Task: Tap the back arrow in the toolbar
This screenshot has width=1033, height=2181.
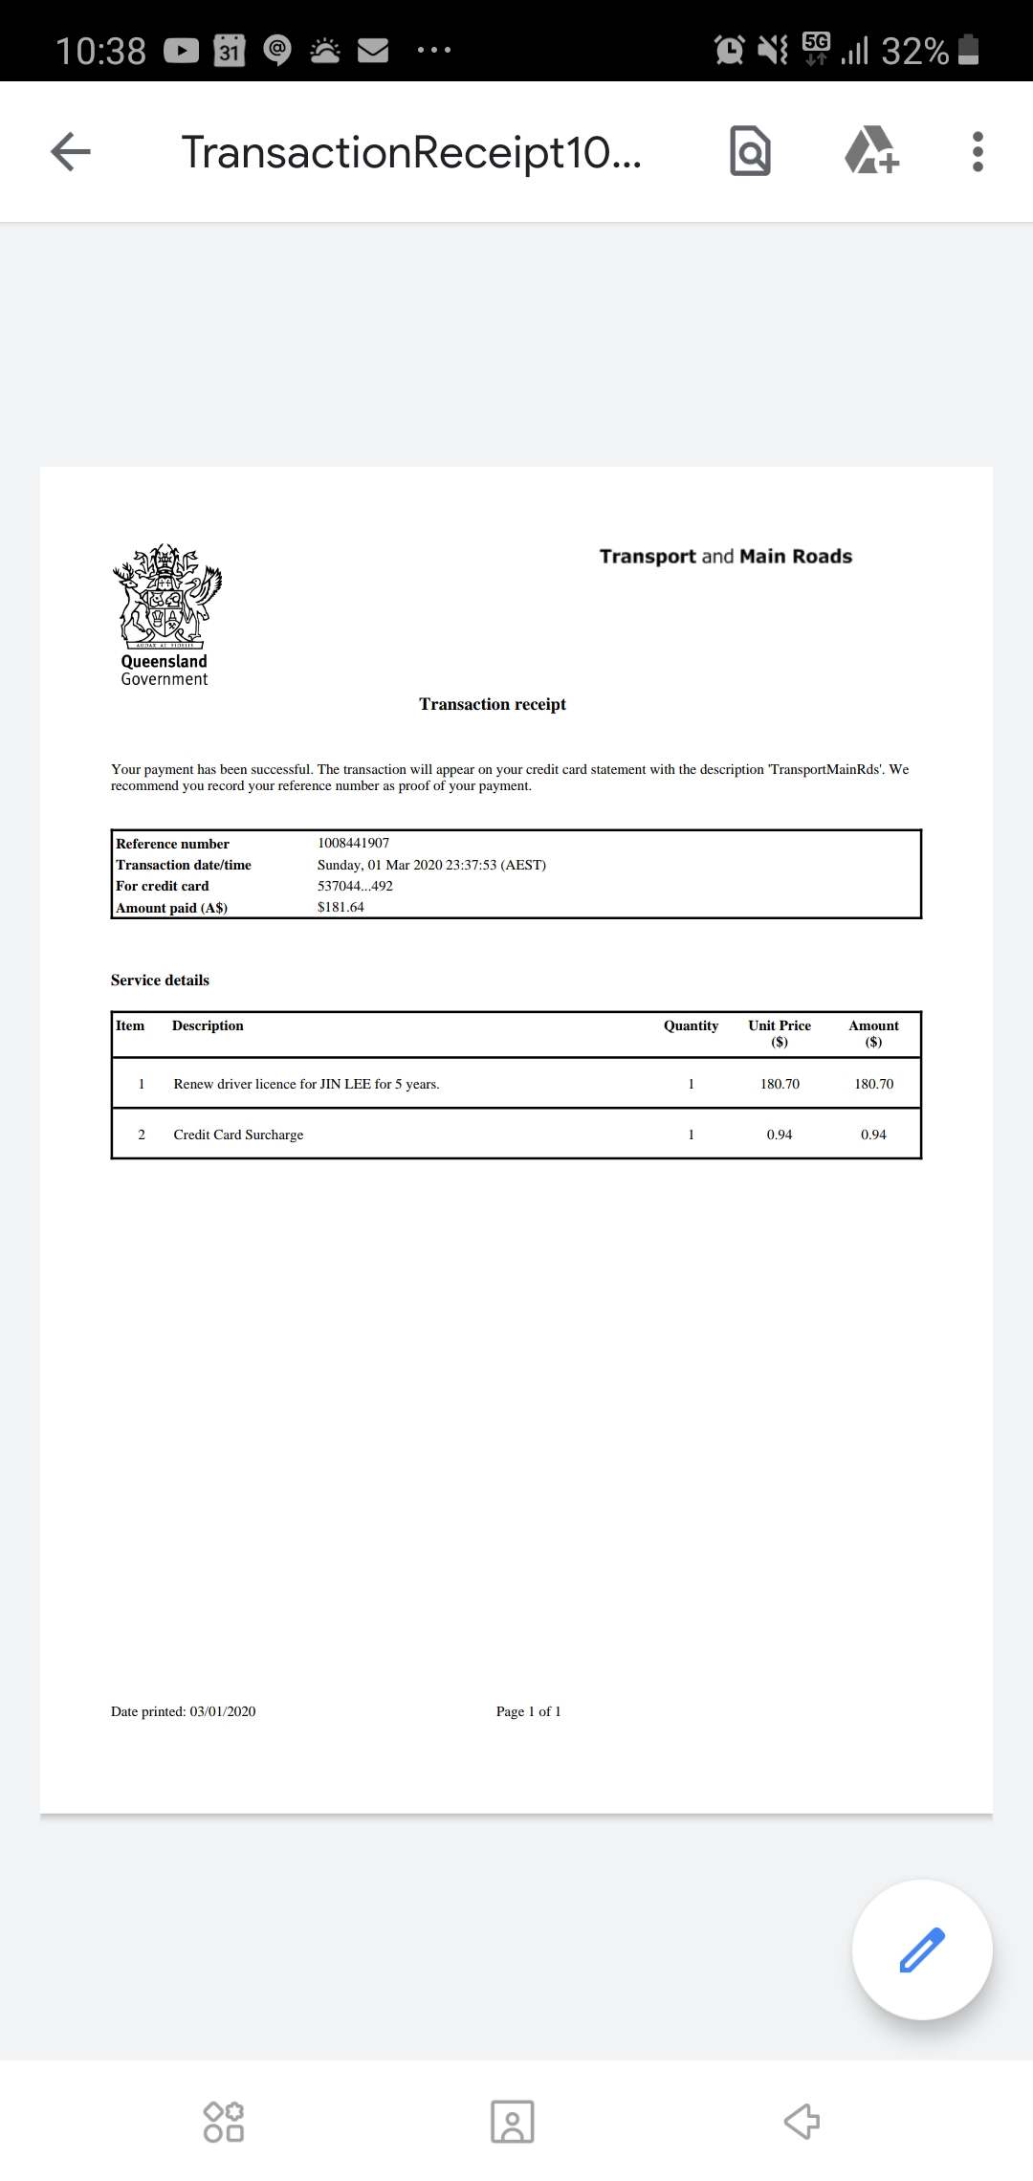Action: tap(71, 151)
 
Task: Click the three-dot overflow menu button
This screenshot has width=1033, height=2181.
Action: tap(977, 151)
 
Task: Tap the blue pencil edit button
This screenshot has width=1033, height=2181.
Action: tap(922, 1949)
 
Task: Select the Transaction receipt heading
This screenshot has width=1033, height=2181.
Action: tap(493, 704)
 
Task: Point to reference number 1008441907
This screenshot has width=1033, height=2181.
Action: tap(353, 843)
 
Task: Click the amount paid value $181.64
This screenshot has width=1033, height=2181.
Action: tap(341, 907)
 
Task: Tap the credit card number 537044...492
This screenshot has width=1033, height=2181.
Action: tap(355, 886)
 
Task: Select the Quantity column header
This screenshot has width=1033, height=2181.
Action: tap(691, 1025)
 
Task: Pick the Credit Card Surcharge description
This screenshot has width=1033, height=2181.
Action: tap(238, 1135)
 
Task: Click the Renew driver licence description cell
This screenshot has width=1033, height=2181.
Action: tap(306, 1084)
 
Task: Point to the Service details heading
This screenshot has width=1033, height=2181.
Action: tap(160, 980)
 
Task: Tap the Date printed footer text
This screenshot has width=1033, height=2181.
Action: tap(184, 1711)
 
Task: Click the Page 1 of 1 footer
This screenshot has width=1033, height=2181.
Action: tap(528, 1711)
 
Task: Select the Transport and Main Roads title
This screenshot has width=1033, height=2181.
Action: tap(725, 557)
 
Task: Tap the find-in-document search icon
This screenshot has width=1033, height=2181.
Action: tap(750, 151)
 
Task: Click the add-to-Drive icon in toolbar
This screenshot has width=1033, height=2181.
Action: tap(871, 151)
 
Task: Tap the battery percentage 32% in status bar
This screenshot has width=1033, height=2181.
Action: tap(914, 50)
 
